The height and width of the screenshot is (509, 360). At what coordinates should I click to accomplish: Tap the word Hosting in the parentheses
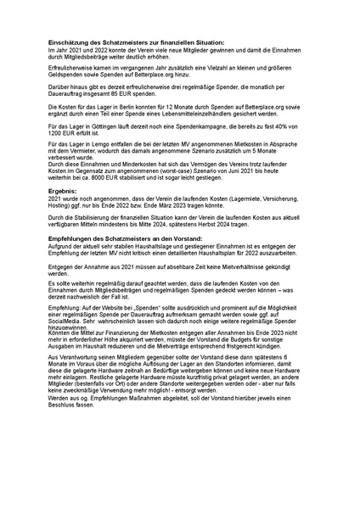click(60, 204)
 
